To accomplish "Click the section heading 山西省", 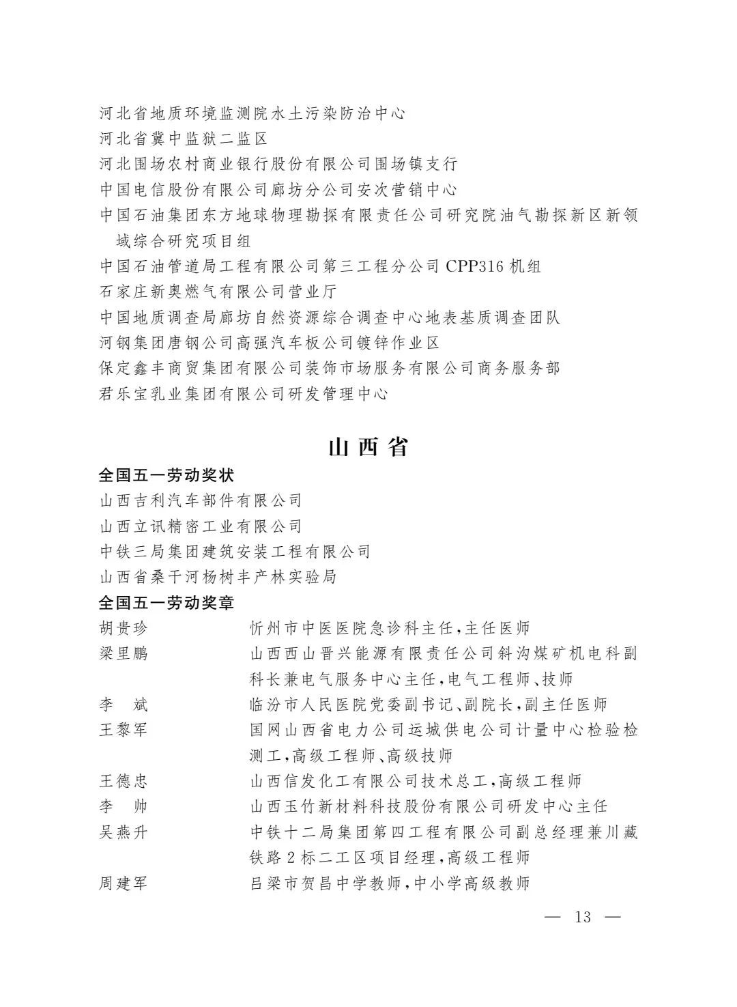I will click(x=368, y=447).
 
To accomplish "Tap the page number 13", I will click(x=583, y=917).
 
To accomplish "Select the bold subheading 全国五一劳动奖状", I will click(x=167, y=475).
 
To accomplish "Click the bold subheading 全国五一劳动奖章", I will click(x=167, y=603).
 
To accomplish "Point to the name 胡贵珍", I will click(x=124, y=628).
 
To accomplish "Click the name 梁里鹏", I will click(x=124, y=653).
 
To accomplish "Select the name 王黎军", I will click(x=124, y=730).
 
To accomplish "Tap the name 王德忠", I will click(x=124, y=781).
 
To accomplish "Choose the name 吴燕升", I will click(x=124, y=832).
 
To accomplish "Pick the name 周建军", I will click(x=124, y=883).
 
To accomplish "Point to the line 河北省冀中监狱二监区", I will click(x=184, y=139).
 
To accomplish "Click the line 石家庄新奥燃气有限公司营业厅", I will click(x=218, y=292).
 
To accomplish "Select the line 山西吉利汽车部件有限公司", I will click(x=201, y=500).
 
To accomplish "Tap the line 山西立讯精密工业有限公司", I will click(x=201, y=526).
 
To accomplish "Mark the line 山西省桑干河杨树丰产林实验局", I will click(x=218, y=577).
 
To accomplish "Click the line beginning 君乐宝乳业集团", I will click(x=244, y=394).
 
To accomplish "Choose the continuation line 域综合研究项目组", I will click(x=184, y=241).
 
